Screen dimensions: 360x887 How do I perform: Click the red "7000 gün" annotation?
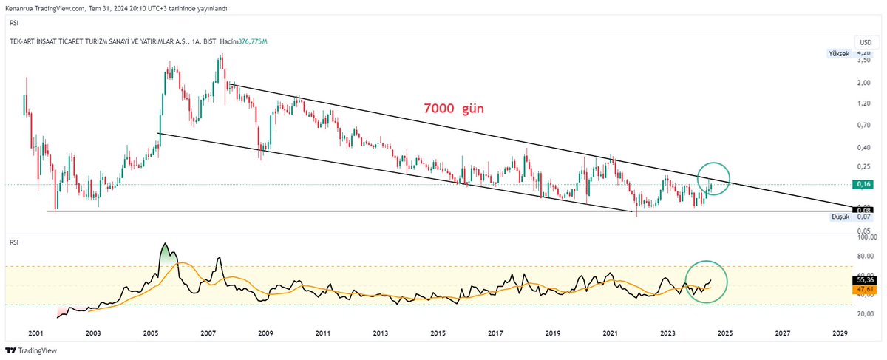453,109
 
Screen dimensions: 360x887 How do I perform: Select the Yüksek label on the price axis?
838,54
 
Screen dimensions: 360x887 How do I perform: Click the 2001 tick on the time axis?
35,333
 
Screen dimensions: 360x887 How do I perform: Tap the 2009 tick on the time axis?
265,333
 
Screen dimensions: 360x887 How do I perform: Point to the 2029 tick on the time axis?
839,333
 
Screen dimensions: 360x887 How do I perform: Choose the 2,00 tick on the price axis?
863,84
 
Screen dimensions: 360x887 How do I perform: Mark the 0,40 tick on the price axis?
863,147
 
